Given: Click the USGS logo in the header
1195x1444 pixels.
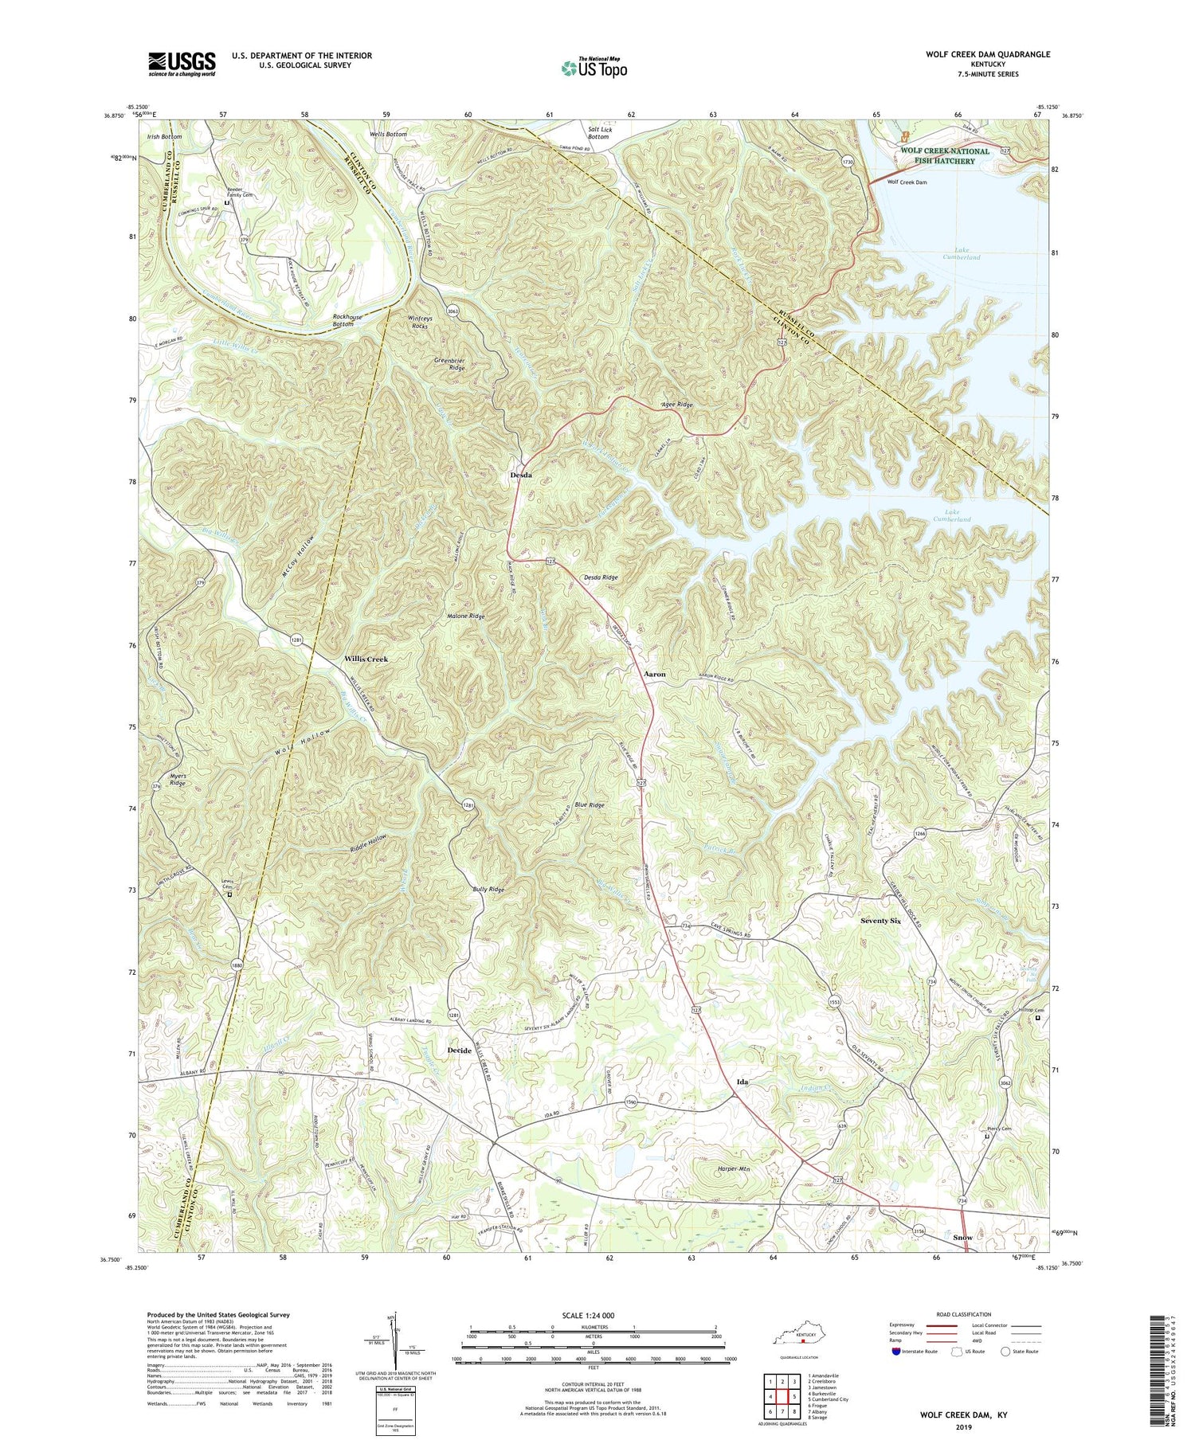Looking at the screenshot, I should pos(182,64).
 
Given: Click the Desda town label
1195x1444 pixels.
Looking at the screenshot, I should pos(520,475).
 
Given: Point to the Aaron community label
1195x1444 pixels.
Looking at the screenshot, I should pos(654,674).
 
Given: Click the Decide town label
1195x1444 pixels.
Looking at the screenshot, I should pos(458,1051).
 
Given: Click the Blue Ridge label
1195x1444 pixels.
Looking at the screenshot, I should pos(590,805).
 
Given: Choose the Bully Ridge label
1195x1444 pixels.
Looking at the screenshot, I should pos(488,889).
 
